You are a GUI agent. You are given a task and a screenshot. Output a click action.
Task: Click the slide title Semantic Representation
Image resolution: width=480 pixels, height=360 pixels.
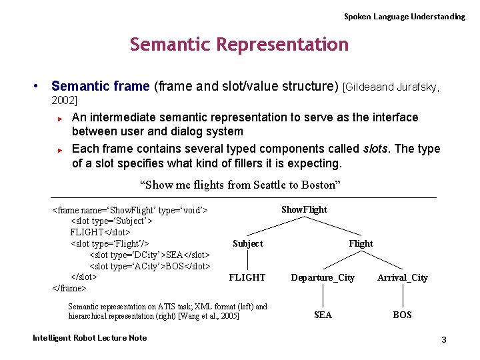coord(239,45)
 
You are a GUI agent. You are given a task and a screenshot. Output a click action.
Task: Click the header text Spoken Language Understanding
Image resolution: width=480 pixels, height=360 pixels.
coord(404,16)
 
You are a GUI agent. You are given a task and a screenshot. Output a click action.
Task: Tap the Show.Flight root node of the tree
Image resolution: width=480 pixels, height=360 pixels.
coord(304,209)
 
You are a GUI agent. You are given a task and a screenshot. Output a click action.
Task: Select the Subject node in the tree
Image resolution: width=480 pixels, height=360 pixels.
coord(247,243)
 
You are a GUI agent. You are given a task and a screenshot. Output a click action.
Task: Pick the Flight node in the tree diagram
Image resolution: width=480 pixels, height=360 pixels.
coord(361,243)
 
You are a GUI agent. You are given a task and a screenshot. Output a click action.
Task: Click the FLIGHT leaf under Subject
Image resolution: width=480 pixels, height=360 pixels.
coord(247,277)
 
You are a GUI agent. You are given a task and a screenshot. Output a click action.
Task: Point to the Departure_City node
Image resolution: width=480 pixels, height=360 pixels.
coord(323,277)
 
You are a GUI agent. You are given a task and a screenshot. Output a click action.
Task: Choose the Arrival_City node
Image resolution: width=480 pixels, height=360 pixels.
coord(402,277)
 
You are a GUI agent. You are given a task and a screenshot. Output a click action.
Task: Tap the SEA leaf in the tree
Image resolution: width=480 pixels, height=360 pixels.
coord(323,315)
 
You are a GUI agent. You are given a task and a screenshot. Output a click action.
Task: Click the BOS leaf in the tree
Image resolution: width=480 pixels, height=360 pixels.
coord(402,315)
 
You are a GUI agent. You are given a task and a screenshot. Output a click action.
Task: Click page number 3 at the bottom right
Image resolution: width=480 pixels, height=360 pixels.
coord(443,340)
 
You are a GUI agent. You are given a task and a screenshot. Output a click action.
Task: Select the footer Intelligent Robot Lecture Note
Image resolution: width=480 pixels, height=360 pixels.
coord(89,338)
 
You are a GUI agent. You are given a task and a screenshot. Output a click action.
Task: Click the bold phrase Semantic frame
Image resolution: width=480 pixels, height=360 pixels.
coord(101,86)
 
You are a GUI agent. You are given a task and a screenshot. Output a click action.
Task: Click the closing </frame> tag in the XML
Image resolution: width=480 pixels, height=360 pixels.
coord(69,288)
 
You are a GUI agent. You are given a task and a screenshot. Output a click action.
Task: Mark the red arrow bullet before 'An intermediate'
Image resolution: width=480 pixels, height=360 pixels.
coord(60,119)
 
